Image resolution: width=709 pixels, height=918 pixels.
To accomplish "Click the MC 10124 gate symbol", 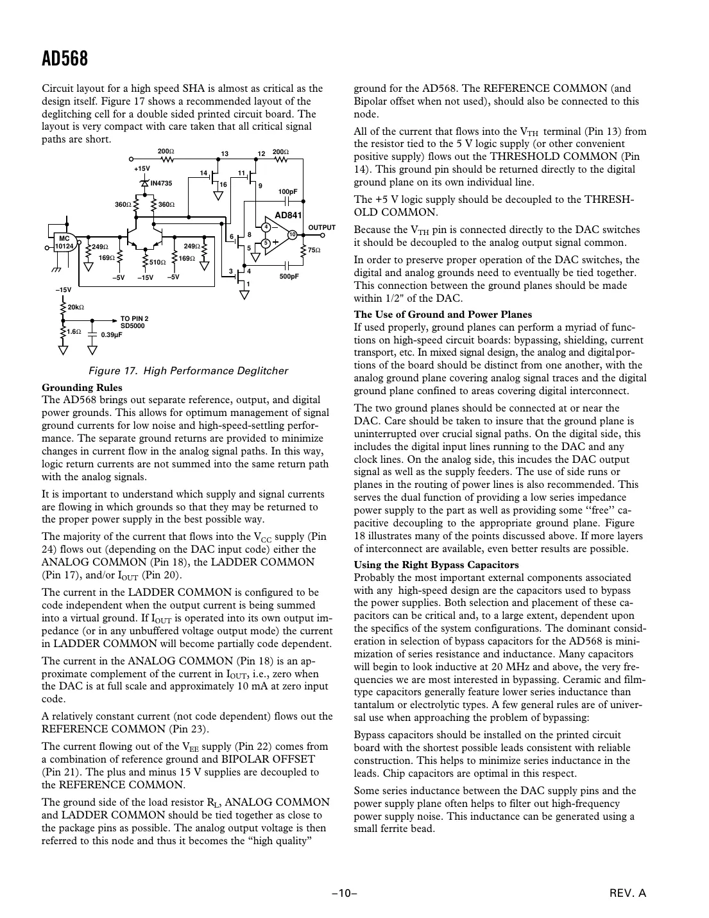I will tap(65, 242).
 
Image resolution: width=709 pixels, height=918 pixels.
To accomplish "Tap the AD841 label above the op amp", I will tap(288, 215).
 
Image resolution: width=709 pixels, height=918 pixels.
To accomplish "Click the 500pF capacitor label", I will tap(289, 277).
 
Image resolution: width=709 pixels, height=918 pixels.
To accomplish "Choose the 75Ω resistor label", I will tap(314, 250).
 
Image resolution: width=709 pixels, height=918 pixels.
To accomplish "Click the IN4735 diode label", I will tap(161, 184).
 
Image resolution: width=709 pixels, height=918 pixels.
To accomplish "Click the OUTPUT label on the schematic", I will tap(322, 228).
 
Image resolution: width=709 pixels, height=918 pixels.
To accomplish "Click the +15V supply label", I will tap(141, 168).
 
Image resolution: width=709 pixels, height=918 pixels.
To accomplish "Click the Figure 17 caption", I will tap(188, 371).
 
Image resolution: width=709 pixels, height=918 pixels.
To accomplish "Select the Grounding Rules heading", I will tap(81, 387).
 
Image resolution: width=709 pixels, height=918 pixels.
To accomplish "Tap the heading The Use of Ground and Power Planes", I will tap(443, 314).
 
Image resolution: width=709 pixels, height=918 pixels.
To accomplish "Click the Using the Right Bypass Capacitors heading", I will tap(436, 565).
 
